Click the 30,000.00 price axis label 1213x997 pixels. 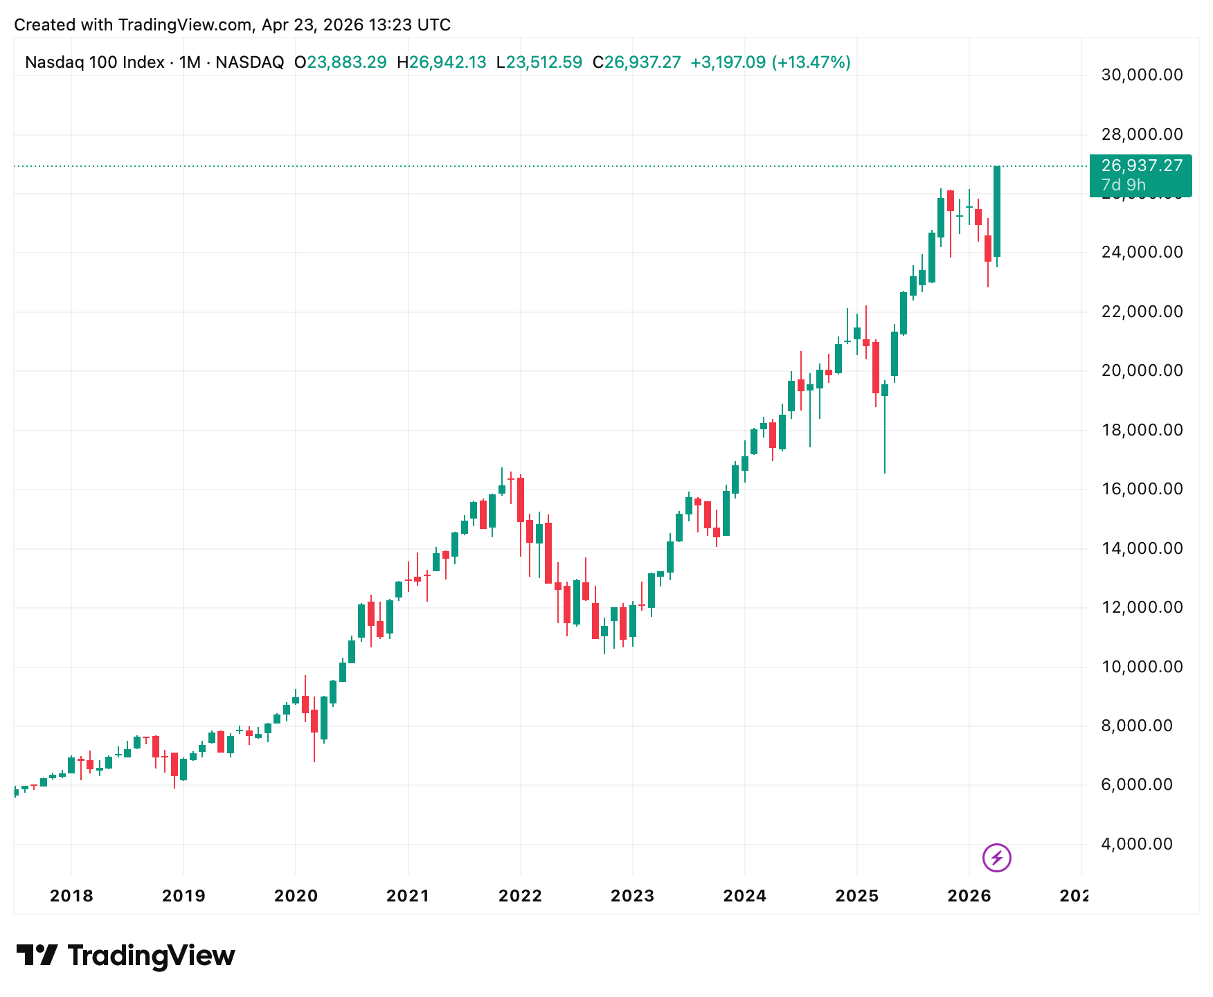coord(1142,75)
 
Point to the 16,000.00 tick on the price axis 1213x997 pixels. coord(1142,489)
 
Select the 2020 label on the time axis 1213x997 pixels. coord(296,896)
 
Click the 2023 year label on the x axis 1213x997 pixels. coord(632,896)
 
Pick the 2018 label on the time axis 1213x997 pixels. coord(71,896)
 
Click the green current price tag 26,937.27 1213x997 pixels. coord(1142,165)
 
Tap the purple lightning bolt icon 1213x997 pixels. coord(996,859)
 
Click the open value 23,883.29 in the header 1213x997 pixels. coord(346,62)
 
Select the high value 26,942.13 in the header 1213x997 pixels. coord(447,62)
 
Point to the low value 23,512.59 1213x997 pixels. coord(543,62)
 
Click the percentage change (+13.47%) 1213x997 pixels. coord(811,62)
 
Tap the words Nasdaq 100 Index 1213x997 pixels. coord(94,62)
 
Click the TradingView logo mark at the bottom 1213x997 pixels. coord(37,955)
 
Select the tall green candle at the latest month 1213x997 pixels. coord(997,211)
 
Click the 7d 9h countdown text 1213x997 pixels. coord(1123,185)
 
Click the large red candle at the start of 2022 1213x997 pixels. coord(521,499)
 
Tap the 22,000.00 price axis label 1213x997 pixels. coord(1142,312)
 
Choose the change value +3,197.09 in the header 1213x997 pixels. coord(728,62)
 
